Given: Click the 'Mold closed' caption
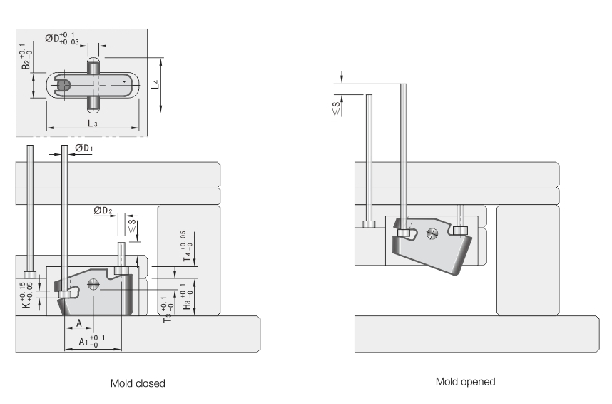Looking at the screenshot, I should click(138, 383).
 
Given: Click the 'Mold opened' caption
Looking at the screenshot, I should click(465, 381).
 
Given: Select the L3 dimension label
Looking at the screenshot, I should click(93, 123).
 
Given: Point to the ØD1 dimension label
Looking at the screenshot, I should click(84, 148).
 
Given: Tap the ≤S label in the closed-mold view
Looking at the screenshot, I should click(131, 226).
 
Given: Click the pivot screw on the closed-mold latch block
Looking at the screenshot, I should click(94, 284).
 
